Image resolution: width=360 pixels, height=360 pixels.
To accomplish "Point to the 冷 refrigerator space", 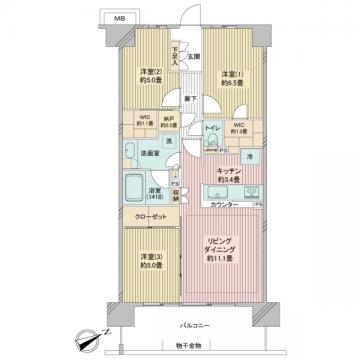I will point(246,159).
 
